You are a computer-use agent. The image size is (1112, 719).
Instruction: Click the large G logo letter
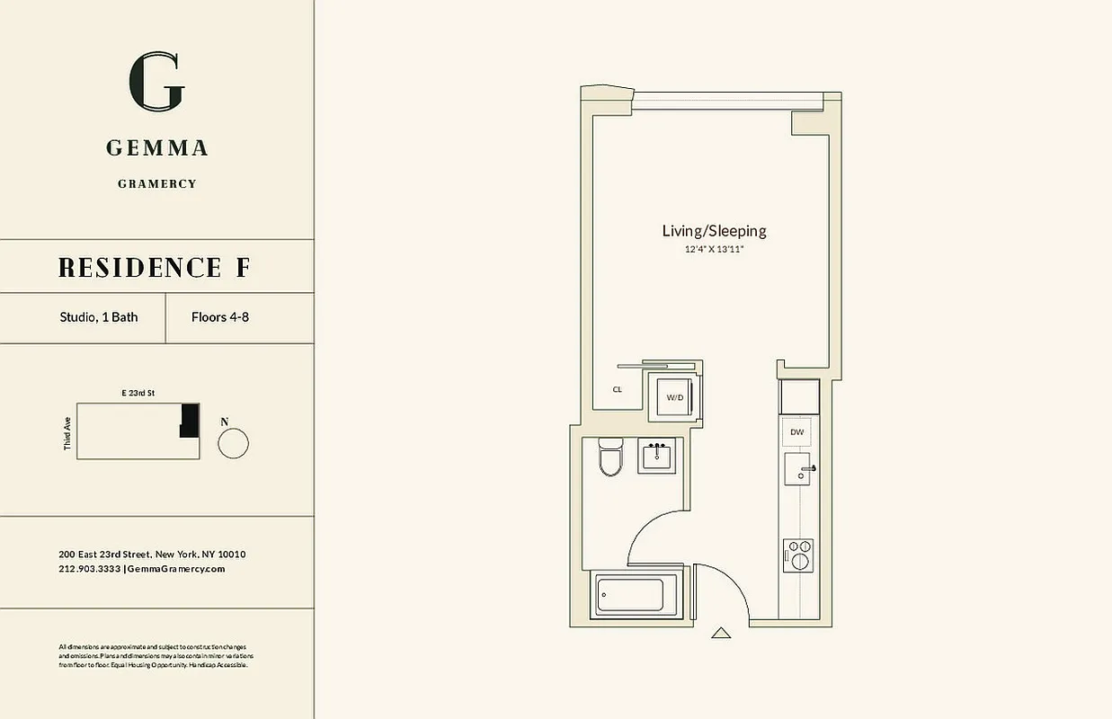pyautogui.click(x=156, y=82)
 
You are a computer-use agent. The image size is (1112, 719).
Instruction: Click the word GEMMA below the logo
pyautogui.click(x=157, y=148)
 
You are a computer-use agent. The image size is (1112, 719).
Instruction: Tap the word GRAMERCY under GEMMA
pyautogui.click(x=157, y=184)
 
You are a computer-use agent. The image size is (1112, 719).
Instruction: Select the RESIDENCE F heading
pyautogui.click(x=155, y=267)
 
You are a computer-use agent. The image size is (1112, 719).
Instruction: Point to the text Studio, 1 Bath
pyautogui.click(x=99, y=317)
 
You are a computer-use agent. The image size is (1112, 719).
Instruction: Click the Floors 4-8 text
pyautogui.click(x=220, y=317)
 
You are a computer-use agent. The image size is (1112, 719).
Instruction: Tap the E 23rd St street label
pyautogui.click(x=138, y=394)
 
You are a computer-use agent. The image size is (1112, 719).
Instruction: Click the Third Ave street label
pyautogui.click(x=67, y=433)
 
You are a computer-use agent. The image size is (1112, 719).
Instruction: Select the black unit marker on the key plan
pyautogui.click(x=189, y=420)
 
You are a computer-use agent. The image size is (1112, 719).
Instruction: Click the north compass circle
pyautogui.click(x=233, y=443)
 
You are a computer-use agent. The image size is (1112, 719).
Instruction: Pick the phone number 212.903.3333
pyautogui.click(x=89, y=569)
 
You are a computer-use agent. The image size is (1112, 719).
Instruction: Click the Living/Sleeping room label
pyautogui.click(x=714, y=231)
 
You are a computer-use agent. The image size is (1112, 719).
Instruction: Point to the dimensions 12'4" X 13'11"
pyautogui.click(x=714, y=249)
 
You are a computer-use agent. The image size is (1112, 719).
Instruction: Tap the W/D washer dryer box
pyautogui.click(x=673, y=397)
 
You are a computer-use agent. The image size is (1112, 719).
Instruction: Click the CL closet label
pyautogui.click(x=618, y=390)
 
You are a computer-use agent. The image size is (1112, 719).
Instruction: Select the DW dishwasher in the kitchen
pyautogui.click(x=796, y=432)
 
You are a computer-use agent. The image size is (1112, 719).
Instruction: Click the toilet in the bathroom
pyautogui.click(x=610, y=457)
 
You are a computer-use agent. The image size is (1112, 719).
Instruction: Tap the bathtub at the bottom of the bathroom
pyautogui.click(x=631, y=595)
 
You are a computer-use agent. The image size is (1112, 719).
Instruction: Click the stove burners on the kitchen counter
pyautogui.click(x=797, y=555)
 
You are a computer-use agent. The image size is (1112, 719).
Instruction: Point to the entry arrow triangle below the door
pyautogui.click(x=721, y=633)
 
